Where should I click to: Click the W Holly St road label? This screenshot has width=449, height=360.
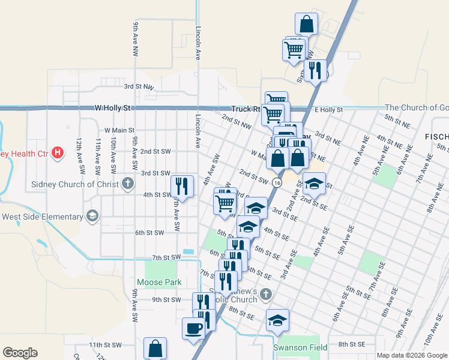click(112, 109)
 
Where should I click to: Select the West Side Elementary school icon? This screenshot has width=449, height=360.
click(92, 216)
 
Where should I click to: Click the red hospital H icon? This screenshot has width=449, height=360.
click(58, 153)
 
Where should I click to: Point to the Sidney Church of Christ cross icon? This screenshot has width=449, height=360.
click(127, 184)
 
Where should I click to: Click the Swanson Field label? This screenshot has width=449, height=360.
click(300, 347)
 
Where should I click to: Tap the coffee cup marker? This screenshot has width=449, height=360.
click(193, 329)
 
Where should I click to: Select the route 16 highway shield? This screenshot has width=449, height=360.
click(276, 182)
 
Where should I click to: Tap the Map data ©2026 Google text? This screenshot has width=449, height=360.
click(411, 355)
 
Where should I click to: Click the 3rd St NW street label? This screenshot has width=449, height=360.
click(139, 87)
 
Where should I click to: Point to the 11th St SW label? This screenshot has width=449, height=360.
click(105, 345)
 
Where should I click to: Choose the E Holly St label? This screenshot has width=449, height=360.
click(328, 110)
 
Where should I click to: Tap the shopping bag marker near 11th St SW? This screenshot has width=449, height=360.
click(155, 348)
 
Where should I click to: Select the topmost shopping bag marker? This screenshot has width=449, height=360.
click(306, 24)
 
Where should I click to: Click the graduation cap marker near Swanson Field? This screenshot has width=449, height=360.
click(277, 320)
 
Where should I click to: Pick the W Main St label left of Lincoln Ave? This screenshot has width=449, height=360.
click(119, 130)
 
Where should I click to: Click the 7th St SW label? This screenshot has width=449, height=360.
click(166, 257)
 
